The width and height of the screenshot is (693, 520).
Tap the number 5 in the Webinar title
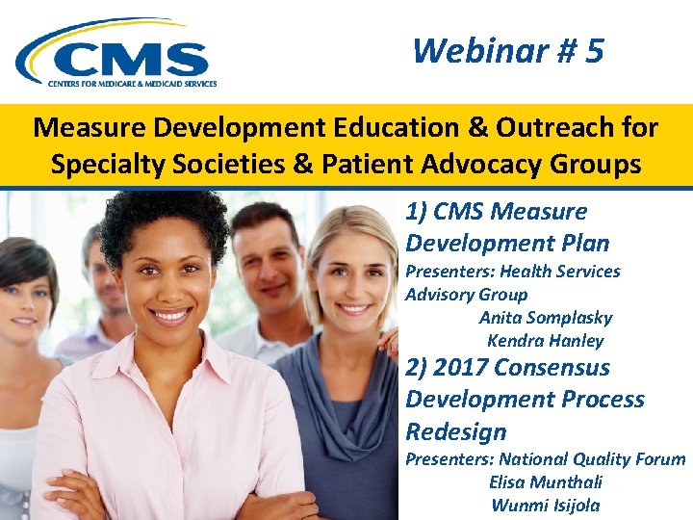(593, 50)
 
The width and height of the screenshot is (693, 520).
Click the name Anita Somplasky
(545, 318)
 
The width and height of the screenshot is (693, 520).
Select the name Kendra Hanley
(545, 341)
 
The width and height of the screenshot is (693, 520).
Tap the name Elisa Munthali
(545, 482)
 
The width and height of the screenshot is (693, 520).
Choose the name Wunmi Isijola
(545, 506)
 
